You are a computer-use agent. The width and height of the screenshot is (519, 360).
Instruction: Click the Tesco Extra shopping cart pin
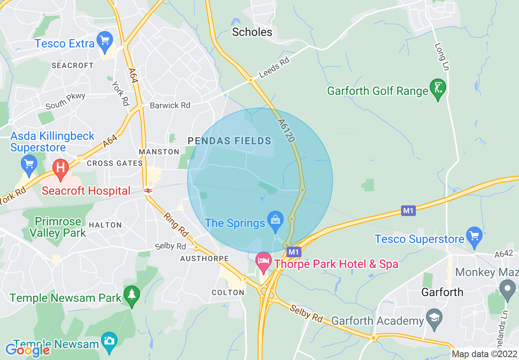tap(106, 41)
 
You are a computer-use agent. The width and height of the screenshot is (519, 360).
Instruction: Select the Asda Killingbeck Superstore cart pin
tap(29, 164)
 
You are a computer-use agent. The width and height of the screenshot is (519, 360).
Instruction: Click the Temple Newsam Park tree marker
tap(132, 295)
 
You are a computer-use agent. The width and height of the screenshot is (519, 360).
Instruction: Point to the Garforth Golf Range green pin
tap(438, 89)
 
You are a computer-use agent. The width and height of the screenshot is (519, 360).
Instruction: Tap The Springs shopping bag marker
tap(276, 220)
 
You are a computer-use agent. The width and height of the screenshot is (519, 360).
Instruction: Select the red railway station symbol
tap(148, 190)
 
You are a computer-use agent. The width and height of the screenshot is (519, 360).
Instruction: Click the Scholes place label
tap(252, 32)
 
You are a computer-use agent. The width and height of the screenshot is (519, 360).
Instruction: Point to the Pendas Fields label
tap(230, 141)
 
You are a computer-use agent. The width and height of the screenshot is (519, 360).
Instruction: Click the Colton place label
tap(228, 292)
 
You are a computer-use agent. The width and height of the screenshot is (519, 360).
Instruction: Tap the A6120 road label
tap(286, 130)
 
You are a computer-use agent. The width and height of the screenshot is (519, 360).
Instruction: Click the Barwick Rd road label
tap(170, 106)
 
